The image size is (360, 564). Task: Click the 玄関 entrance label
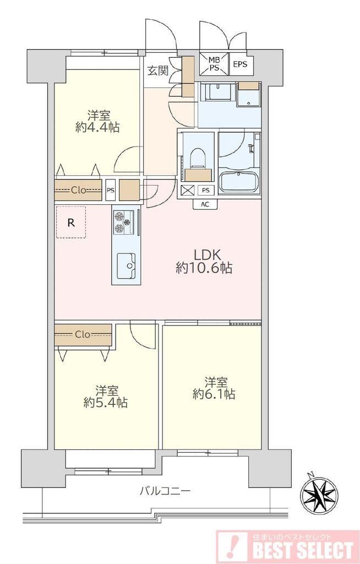tap(157, 70)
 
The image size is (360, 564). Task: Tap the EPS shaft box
tap(240, 64)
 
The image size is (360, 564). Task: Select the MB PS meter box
tap(215, 64)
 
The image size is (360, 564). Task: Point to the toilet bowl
tap(198, 159)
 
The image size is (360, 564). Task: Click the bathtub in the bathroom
tap(239, 182)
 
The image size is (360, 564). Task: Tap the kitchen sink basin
tap(126, 265)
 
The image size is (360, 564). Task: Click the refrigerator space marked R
tap(71, 223)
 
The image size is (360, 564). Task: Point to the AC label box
tap(205, 204)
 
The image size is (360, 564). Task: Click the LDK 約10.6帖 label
tap(204, 261)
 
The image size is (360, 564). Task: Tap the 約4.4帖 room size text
tap(97, 128)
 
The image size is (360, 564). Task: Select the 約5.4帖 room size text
tap(106, 403)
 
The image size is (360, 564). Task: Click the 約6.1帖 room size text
tap(214, 394)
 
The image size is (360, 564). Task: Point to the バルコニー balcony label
tap(165, 491)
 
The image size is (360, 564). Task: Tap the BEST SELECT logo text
tap(302, 550)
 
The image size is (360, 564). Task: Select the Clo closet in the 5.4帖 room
tap(83, 335)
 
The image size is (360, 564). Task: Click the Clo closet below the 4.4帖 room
tap(78, 190)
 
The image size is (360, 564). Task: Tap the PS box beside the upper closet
tap(111, 190)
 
